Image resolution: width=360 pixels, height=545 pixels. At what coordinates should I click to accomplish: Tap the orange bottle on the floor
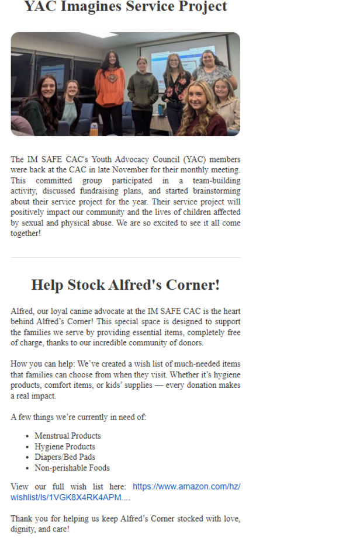(x=94, y=128)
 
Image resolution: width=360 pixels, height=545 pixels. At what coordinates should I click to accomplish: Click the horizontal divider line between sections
(x=125, y=258)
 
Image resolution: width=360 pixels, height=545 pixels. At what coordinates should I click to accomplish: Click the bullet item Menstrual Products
(x=68, y=436)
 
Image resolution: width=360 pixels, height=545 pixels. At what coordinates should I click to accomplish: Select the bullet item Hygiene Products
(x=65, y=447)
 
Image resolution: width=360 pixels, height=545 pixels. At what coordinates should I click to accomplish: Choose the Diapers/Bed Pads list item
(x=65, y=457)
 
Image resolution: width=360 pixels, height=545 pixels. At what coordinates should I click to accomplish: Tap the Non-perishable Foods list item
(x=72, y=468)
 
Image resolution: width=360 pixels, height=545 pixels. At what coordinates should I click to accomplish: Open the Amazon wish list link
(x=186, y=487)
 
